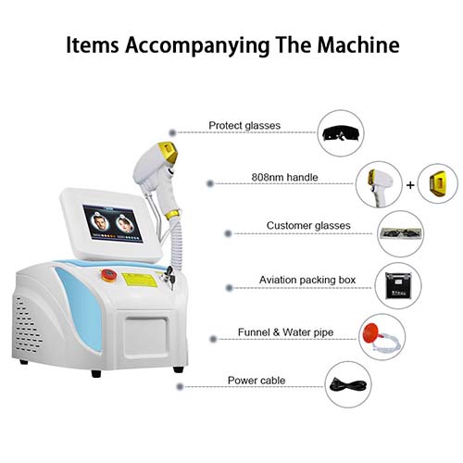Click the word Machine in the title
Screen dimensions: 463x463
point(358,45)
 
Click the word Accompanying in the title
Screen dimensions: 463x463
point(197,46)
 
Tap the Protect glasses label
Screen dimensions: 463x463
point(244,126)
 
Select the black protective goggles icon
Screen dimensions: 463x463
point(341,133)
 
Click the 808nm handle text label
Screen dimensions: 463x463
point(284,177)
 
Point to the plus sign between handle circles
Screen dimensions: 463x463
point(410,185)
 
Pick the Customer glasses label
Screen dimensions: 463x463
point(308,225)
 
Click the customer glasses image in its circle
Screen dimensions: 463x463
point(400,233)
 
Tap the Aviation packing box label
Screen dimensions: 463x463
point(307,280)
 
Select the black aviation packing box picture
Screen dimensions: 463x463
point(398,285)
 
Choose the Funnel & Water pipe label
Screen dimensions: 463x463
point(285,332)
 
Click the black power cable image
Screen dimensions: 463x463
point(348,385)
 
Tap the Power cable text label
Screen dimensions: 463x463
point(257,381)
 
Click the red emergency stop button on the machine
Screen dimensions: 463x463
point(108,275)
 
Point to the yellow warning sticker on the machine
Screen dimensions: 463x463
point(140,280)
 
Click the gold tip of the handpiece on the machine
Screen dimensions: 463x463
point(169,152)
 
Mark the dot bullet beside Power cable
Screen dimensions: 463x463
point(180,386)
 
